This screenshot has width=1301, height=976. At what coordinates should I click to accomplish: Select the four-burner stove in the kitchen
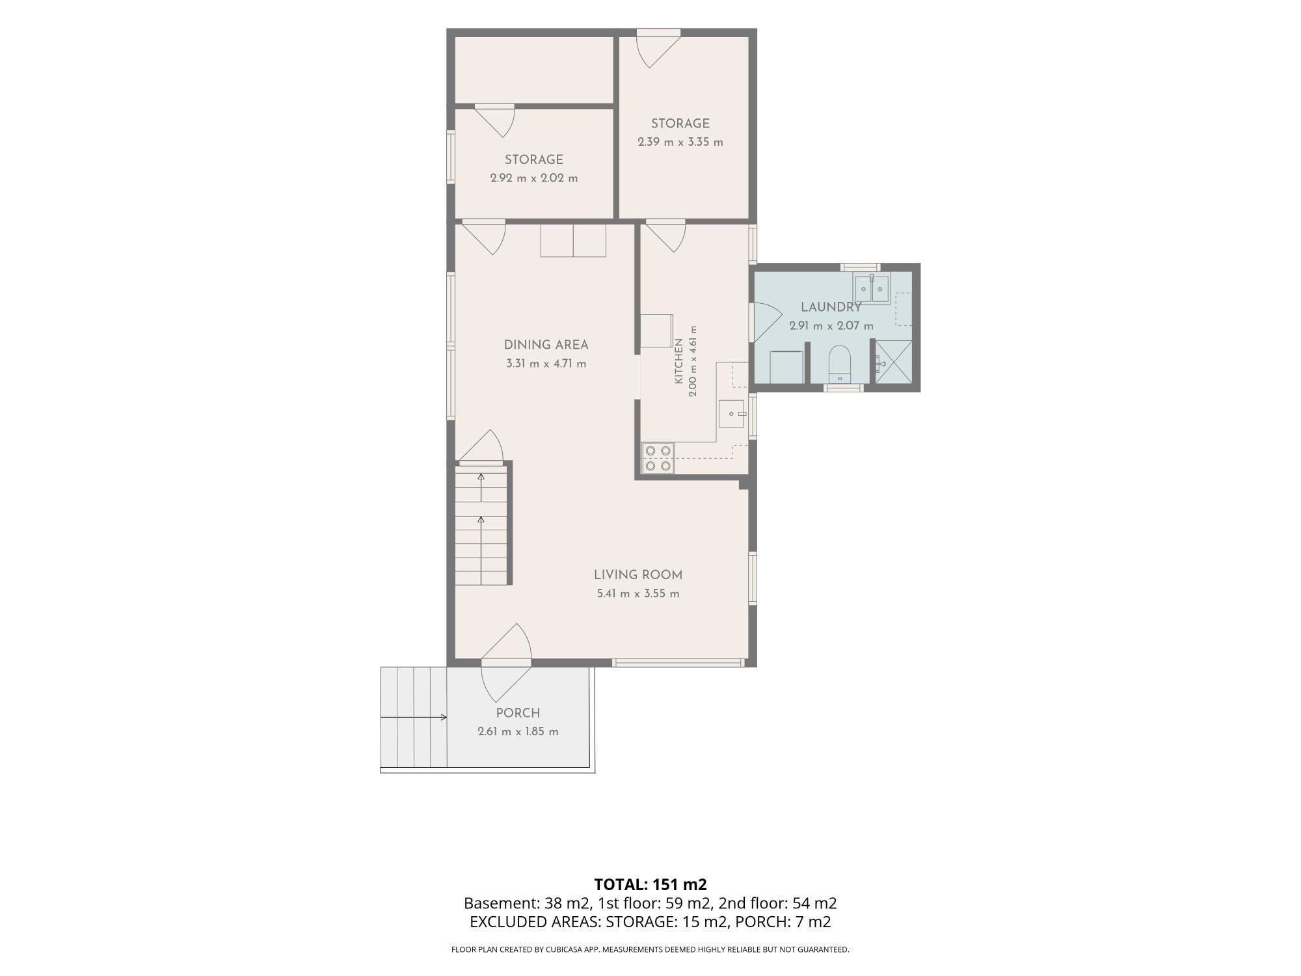[658, 457]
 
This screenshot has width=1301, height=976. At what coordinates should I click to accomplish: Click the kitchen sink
[732, 414]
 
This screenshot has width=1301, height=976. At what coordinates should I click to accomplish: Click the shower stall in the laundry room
[893, 362]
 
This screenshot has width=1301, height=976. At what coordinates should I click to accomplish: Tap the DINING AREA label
[546, 345]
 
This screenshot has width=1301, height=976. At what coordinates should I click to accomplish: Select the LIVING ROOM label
[638, 575]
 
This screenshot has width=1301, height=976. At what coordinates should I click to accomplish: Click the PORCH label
[518, 712]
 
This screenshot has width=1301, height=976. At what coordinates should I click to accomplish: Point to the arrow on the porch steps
[414, 717]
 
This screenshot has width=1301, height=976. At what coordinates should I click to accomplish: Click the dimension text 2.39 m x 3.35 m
[680, 142]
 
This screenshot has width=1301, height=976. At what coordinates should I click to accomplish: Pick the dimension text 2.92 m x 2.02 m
[534, 178]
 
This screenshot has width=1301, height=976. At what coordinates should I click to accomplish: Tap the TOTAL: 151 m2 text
[650, 884]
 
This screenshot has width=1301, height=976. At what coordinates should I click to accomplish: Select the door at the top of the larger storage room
[658, 49]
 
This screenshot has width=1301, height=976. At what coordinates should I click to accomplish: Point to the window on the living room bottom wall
[678, 662]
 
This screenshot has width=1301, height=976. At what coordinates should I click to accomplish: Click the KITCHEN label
[678, 360]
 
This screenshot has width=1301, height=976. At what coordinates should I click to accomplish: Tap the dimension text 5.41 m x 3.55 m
[638, 593]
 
